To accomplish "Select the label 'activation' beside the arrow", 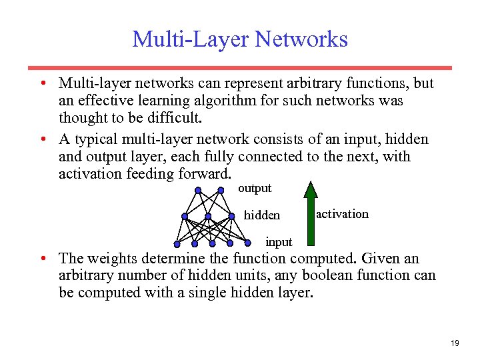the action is (342, 214).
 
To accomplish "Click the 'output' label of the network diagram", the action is (255, 189).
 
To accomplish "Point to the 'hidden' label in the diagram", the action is (262, 215).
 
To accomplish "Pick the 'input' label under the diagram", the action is (279, 241).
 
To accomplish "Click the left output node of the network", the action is (198, 191).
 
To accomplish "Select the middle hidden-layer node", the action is (208, 216).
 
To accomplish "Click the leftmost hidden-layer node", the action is (185, 216).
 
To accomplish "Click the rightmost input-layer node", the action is (247, 242).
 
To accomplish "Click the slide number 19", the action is (455, 343).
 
